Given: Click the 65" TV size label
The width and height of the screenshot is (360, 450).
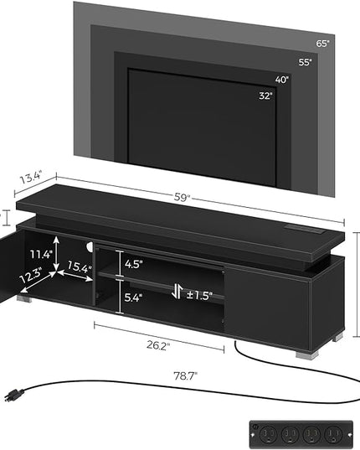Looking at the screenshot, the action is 322,44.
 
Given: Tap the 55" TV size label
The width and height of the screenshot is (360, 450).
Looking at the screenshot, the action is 305,62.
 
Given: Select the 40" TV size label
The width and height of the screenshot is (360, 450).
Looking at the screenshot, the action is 282,80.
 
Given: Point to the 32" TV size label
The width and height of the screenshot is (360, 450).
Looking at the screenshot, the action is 265,96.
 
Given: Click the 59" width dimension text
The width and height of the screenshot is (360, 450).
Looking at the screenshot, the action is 182,198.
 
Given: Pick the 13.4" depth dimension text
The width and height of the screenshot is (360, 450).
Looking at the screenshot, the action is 31,178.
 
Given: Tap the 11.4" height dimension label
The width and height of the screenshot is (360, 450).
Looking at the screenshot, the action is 42,254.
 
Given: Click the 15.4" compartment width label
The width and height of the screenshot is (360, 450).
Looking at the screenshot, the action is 80,267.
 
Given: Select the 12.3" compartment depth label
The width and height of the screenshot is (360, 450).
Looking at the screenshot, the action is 31,275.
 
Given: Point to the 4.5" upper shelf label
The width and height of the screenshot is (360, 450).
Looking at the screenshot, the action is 134,264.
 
